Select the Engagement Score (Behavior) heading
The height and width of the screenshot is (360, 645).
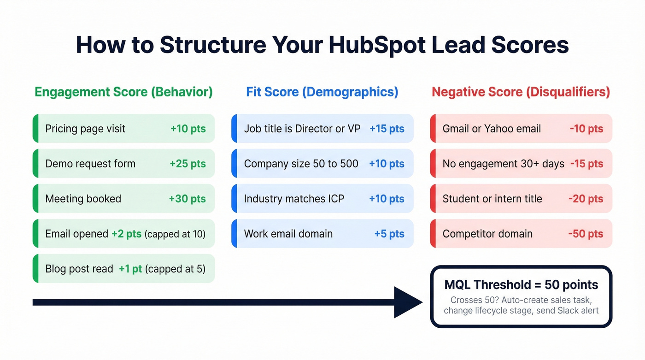pyautogui.click(x=123, y=92)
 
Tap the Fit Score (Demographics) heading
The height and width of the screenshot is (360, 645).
pyautogui.click(x=322, y=92)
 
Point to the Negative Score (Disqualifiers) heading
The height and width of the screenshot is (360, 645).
pyautogui.click(x=521, y=92)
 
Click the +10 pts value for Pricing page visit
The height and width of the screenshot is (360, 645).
pyautogui.click(x=188, y=129)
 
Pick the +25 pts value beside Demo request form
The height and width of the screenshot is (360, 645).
pyautogui.click(x=188, y=164)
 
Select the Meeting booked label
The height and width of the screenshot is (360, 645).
pyautogui.click(x=83, y=199)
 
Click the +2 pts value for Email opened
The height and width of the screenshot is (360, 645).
pyautogui.click(x=126, y=234)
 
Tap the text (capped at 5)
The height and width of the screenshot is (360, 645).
pyautogui.click(x=175, y=269)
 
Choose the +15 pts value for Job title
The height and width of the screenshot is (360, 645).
pyautogui.click(x=387, y=129)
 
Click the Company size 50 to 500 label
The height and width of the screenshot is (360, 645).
pyautogui.click(x=301, y=164)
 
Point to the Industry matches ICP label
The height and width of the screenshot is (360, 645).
pyautogui.click(x=294, y=199)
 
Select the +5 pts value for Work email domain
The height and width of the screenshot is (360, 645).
pyautogui.click(x=389, y=234)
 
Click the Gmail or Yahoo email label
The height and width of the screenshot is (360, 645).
pyautogui.click(x=492, y=129)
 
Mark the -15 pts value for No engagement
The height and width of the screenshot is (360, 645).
pyautogui.click(x=586, y=164)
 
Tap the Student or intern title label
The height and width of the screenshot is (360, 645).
pyautogui.click(x=492, y=199)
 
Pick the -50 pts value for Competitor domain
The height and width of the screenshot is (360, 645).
pyautogui.click(x=586, y=234)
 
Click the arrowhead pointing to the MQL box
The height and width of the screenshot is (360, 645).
pyautogui.click(x=408, y=302)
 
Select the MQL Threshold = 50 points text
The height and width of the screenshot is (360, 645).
pyautogui.click(x=521, y=284)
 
